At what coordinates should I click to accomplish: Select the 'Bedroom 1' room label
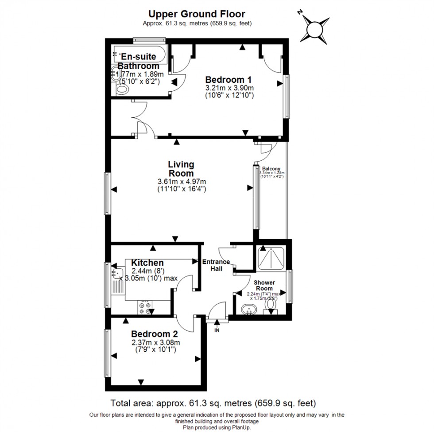[x=229, y=80]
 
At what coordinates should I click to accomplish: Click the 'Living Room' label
[x=181, y=169]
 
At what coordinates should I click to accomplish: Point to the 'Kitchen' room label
[x=147, y=263]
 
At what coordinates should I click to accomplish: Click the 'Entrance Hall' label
[x=216, y=265]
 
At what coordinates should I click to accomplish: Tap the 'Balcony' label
[x=271, y=169]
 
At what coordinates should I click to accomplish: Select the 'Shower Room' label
[x=264, y=285]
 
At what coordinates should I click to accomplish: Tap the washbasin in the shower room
[x=249, y=310]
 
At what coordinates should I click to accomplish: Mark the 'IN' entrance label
[x=217, y=330]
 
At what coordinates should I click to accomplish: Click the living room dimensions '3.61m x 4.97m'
[x=182, y=182]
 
